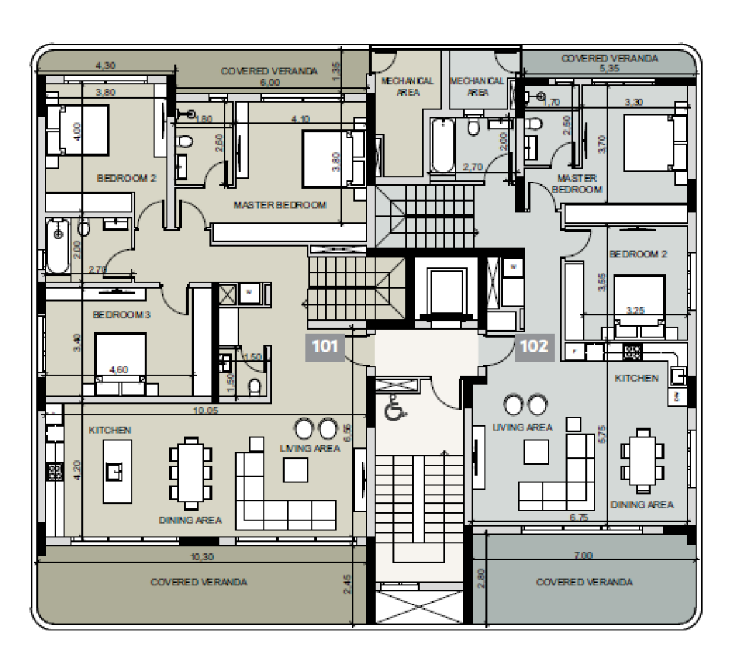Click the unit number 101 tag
click(325, 347)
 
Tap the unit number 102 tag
click(535, 347)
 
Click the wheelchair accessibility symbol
click(395, 407)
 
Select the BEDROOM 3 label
click(122, 314)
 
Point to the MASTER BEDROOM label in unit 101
click(280, 205)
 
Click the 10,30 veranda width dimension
click(202, 557)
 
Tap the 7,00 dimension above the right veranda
click(583, 555)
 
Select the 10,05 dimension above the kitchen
click(205, 410)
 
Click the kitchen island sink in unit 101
click(114, 472)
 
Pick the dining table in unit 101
click(190, 472)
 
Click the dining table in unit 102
click(643, 461)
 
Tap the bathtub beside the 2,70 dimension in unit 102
click(442, 145)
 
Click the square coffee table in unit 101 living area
click(295, 470)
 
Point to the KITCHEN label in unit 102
click(637, 378)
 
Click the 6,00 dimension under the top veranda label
click(269, 83)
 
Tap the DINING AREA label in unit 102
click(643, 505)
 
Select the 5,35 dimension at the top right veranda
click(609, 68)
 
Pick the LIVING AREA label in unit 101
click(310, 448)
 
